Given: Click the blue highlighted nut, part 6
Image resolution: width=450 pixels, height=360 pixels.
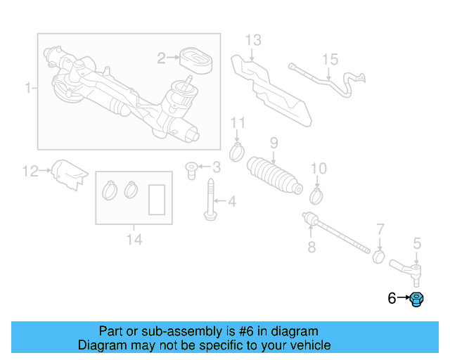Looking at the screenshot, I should (417, 300).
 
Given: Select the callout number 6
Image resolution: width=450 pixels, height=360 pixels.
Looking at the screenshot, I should (392, 299).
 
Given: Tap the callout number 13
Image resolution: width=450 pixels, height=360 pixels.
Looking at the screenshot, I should (252, 39).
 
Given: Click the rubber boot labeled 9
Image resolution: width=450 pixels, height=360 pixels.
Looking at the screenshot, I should (274, 176).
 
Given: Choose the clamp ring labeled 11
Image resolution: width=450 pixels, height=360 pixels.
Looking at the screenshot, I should (238, 151).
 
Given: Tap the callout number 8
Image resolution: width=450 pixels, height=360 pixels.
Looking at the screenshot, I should (311, 247).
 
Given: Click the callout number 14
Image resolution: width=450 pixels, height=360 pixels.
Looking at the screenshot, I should (134, 240).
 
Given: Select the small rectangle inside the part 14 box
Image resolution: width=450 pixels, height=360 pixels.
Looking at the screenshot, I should (157, 198).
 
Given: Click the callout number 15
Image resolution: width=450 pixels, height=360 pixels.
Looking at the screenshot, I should (330, 60).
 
